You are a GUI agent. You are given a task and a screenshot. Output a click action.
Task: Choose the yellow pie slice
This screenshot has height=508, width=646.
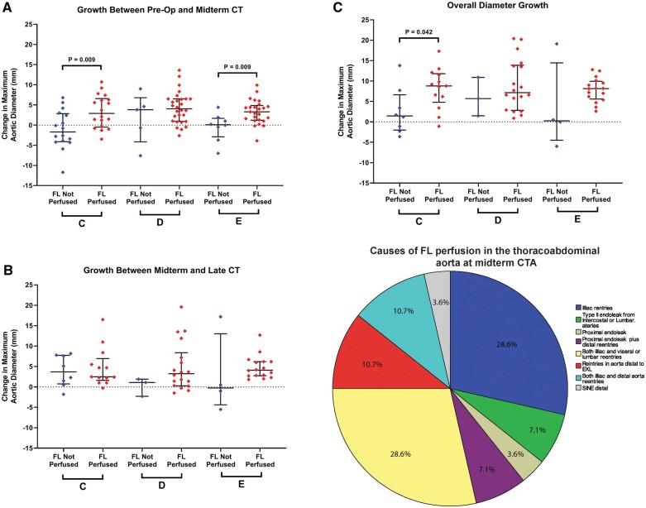(x=405, y=439)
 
